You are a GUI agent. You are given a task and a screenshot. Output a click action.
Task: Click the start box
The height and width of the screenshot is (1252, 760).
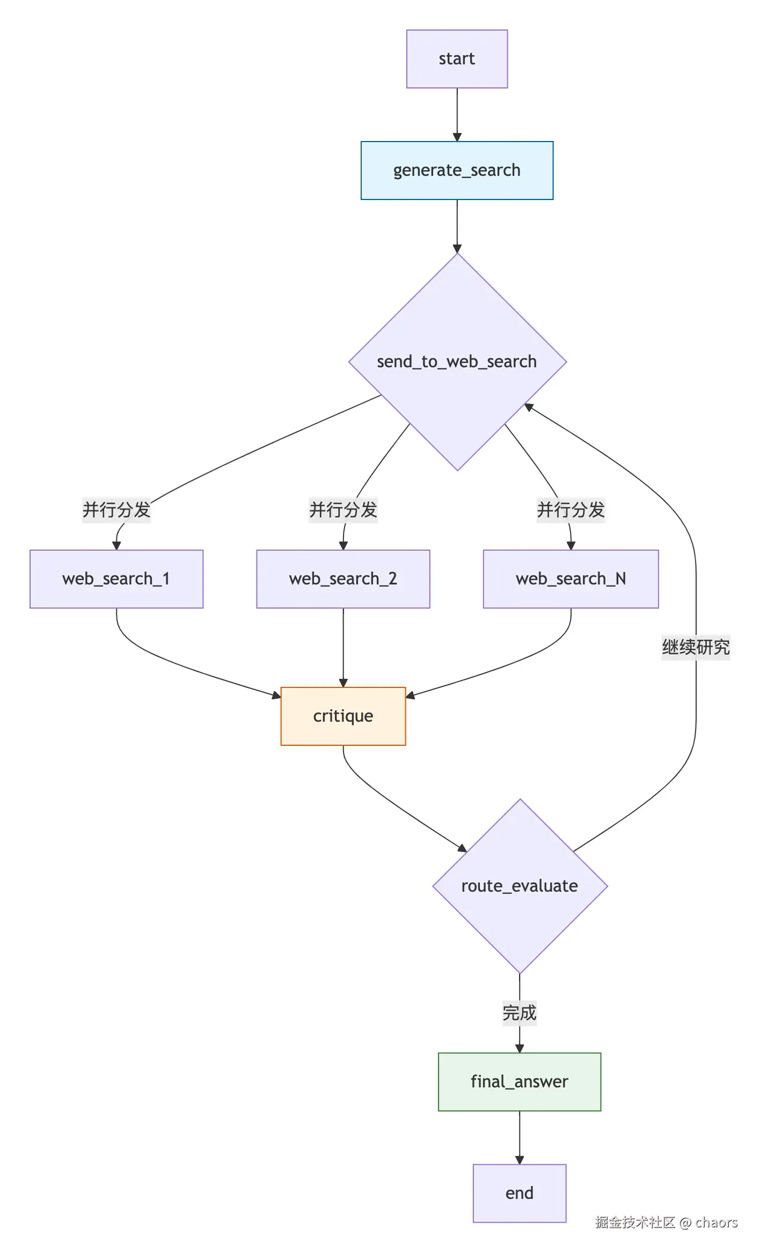(457, 59)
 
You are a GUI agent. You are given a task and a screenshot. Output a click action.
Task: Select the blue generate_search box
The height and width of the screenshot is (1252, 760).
(457, 171)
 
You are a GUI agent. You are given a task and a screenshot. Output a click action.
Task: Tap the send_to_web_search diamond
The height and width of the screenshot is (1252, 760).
(457, 362)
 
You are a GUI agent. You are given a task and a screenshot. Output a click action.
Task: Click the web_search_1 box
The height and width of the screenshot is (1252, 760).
(116, 579)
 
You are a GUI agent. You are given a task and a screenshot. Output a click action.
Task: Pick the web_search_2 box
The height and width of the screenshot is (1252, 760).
(343, 579)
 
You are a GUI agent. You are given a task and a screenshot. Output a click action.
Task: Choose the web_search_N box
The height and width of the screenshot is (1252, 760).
(571, 579)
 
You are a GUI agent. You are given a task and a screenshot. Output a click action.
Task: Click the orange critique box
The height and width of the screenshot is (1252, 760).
(343, 716)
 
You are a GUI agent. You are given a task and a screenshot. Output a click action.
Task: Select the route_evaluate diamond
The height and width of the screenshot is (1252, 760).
(520, 886)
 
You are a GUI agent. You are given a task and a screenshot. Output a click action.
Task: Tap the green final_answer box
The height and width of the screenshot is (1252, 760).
(520, 1082)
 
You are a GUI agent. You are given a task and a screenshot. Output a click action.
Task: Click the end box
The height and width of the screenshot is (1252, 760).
(520, 1194)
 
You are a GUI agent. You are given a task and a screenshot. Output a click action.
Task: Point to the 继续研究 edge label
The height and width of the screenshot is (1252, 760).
(696, 647)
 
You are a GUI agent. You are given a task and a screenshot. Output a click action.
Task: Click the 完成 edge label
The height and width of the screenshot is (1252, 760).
(520, 1013)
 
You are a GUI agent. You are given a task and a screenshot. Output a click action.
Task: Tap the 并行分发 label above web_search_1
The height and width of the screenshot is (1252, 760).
(116, 510)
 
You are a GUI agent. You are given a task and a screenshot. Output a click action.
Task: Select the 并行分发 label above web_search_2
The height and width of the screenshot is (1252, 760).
(343, 510)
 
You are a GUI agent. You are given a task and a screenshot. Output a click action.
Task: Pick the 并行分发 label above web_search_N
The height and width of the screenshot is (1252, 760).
(571, 510)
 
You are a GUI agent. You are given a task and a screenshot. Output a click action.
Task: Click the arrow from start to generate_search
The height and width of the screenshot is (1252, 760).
(457, 115)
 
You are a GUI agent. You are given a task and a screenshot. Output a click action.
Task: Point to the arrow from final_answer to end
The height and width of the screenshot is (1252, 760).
(520, 1138)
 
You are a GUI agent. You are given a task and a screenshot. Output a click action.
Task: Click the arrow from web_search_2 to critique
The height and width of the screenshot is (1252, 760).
(344, 648)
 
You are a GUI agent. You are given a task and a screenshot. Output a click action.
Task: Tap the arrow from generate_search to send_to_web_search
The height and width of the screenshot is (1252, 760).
(457, 226)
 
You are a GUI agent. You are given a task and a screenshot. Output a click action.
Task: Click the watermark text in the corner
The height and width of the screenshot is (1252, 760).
(666, 1223)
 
